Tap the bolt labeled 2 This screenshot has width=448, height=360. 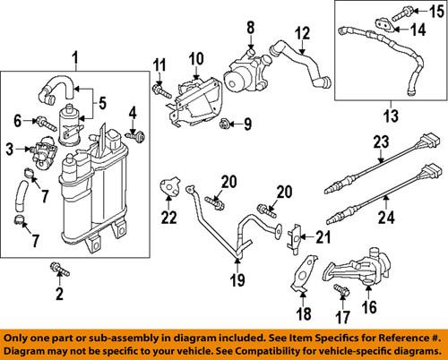[59, 266]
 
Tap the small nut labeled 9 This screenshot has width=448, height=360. [224, 122]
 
